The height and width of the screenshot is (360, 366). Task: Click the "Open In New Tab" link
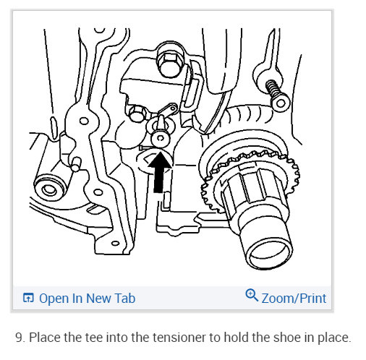[79, 298]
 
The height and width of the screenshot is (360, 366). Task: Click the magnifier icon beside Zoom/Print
[252, 296]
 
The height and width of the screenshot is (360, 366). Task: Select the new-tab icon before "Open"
[28, 298]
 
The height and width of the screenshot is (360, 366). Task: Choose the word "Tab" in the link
[124, 298]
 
